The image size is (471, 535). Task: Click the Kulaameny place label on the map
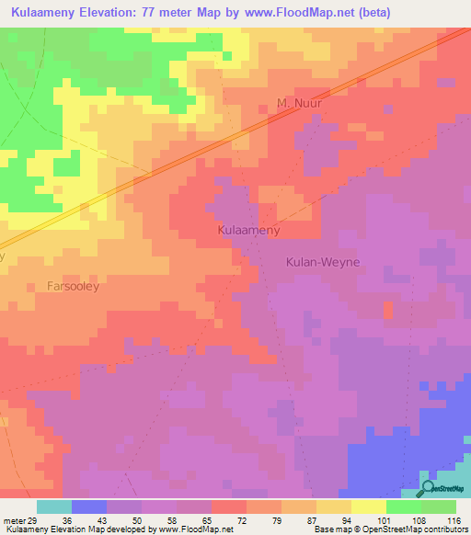(x=248, y=230)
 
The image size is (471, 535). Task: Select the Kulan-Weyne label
(x=318, y=262)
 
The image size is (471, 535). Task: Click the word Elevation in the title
(x=128, y=13)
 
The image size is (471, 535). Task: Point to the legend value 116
(x=453, y=520)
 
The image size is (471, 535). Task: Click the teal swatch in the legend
(x=53, y=507)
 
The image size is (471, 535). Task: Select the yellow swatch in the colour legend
(x=368, y=507)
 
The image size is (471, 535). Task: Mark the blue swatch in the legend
(x=88, y=507)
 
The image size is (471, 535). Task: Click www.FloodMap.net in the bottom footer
(x=195, y=529)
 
